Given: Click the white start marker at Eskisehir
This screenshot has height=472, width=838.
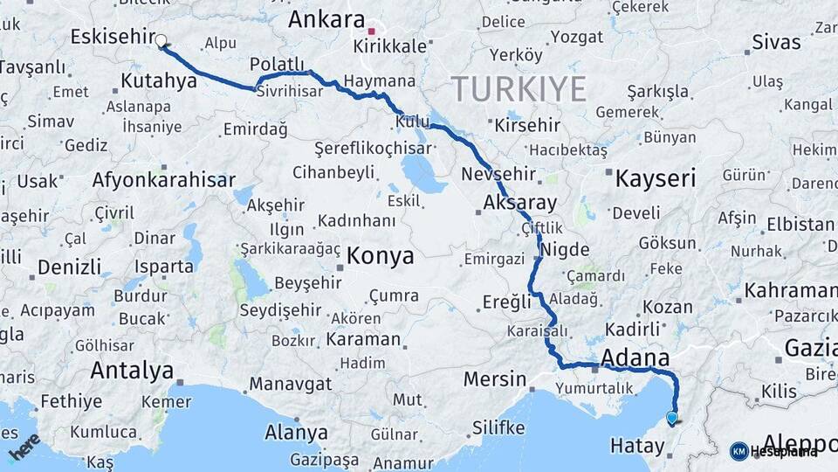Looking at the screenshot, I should (161, 39).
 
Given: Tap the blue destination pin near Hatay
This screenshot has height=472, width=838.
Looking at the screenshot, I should (671, 419).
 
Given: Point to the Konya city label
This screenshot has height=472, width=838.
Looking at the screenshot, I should (381, 256).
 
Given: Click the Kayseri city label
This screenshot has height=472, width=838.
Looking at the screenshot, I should (656, 180).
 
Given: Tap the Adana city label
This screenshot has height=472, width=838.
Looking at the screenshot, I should (635, 357).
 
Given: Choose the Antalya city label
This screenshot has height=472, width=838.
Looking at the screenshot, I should (132, 371).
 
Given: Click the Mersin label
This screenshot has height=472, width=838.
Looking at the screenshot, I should (495, 380).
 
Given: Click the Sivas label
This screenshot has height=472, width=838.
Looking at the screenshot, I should (776, 41).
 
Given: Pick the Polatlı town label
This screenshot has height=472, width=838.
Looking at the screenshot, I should (277, 66).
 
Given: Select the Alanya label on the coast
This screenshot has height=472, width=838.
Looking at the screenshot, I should (298, 432).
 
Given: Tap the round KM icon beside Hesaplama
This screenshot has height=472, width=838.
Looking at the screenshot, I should (738, 451).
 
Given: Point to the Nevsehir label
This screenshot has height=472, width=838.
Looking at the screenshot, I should (496, 171).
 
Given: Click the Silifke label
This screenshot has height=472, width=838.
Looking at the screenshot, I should (498, 427).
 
